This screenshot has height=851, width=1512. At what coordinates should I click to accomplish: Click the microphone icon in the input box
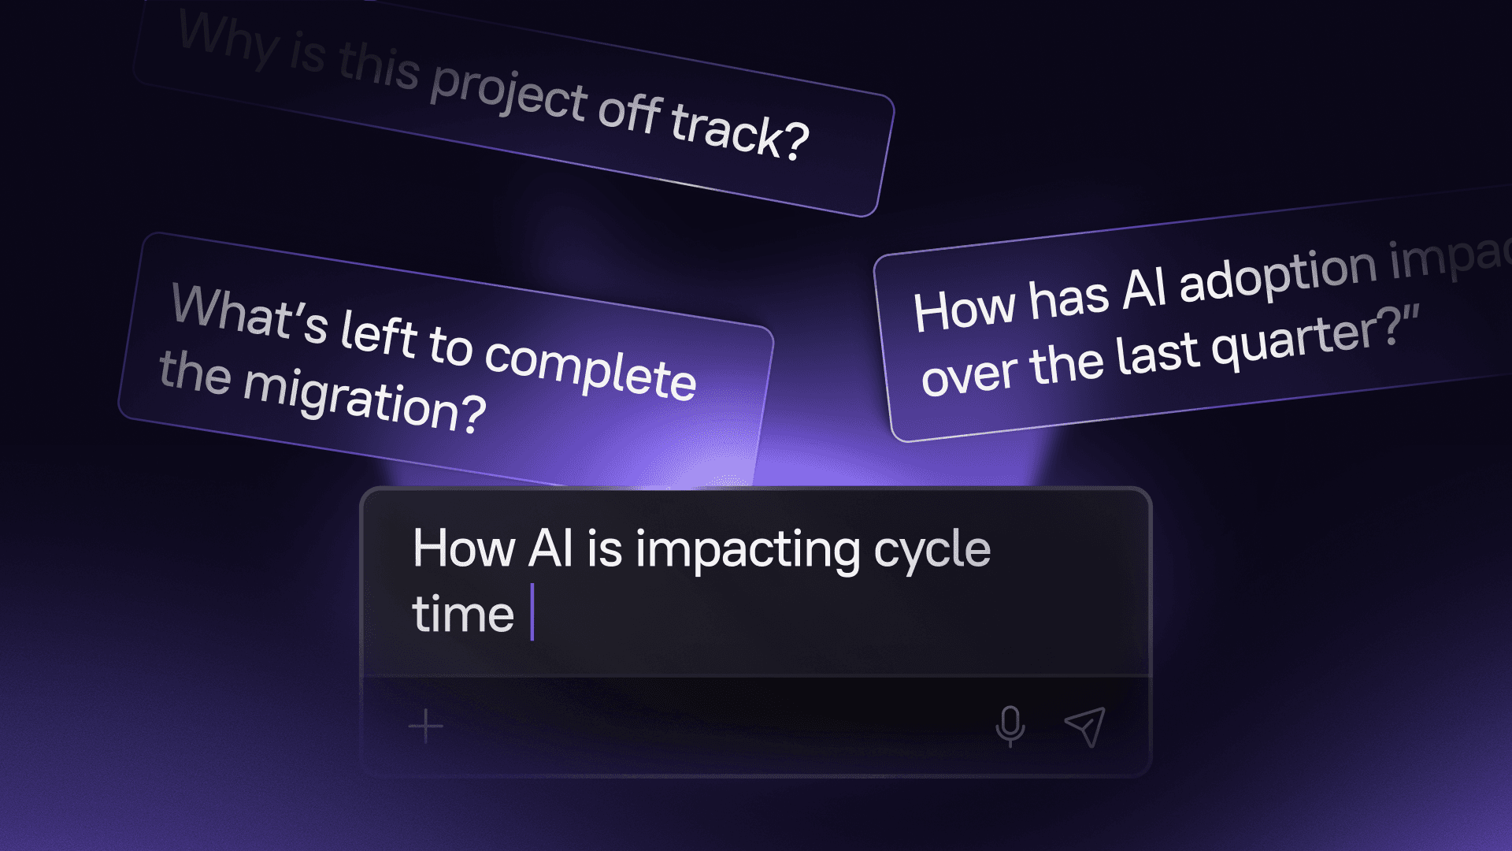coord(1010,726)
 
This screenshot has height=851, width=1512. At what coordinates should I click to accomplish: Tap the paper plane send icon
coord(1085,726)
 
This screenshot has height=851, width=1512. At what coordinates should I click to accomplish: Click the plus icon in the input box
coord(426,726)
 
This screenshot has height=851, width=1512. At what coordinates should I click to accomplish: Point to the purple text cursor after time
coord(532,612)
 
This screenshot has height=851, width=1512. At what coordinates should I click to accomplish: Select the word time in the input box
coord(462,615)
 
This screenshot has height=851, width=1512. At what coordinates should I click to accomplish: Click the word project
coord(509,93)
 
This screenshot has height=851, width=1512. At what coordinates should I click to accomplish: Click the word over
coord(969,374)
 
